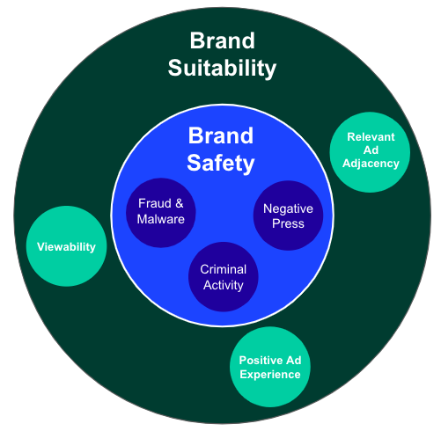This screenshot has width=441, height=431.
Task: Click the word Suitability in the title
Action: click(222, 68)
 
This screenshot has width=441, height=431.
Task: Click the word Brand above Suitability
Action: click(222, 40)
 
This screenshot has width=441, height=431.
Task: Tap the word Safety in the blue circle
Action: click(220, 163)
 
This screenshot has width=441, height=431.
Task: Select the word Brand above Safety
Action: click(220, 136)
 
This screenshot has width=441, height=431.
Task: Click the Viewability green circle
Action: click(66, 246)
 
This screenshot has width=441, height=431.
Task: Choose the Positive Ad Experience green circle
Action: click(270, 367)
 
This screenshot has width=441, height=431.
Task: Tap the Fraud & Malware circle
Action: click(161, 211)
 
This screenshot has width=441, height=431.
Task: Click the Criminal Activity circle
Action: click(223, 277)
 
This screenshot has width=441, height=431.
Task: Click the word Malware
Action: click(161, 219)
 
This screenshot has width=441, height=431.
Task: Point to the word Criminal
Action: click(223, 269)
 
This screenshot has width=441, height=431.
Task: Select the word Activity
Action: click(223, 284)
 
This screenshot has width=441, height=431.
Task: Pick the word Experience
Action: click(270, 375)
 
